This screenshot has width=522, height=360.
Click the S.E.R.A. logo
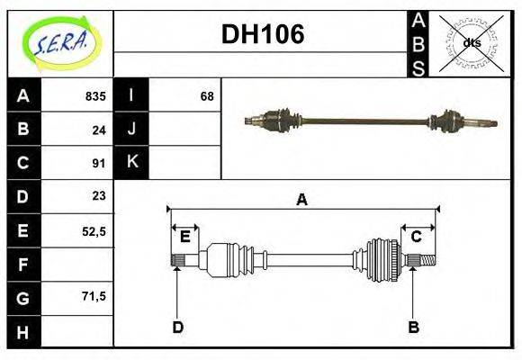pos(60,42)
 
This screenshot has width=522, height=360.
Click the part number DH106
pos(263,35)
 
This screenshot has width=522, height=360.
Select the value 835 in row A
pos(95,96)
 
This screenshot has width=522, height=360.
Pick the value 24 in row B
pos(99,130)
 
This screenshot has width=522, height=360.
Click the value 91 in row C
pos(99,163)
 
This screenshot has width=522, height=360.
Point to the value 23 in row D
pos(99,196)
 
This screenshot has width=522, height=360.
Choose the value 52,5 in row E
pos(94,230)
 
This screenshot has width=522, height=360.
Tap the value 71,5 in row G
pos(94,296)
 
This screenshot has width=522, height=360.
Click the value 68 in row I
pos(207,96)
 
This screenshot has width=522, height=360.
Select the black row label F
pos(23,264)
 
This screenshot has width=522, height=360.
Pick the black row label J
pos(131,130)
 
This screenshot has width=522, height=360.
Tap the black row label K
pos(131,163)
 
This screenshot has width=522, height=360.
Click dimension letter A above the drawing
pos(302,200)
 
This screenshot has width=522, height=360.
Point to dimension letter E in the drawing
pos(184,237)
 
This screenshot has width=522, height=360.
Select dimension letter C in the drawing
pos(417,237)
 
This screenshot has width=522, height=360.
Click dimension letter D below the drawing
pos(177,327)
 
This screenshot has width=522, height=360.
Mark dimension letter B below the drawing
pos(413,327)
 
